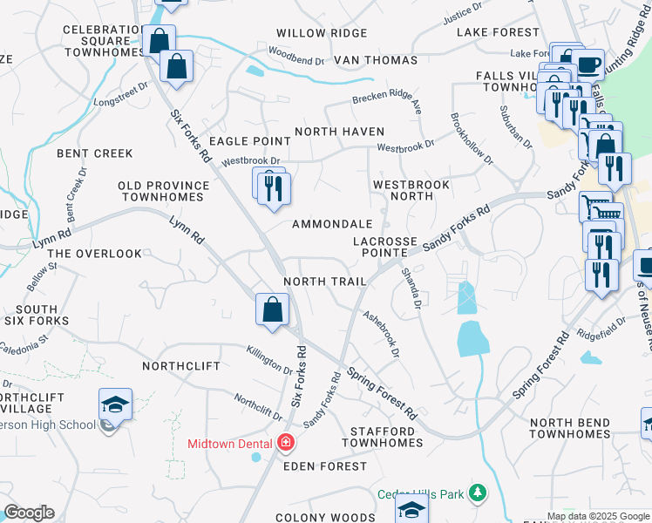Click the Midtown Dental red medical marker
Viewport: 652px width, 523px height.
coord(284,443)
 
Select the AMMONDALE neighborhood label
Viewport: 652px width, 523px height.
coord(338,224)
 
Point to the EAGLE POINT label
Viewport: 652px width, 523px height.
coord(250,141)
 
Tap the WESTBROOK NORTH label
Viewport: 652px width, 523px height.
coord(411,191)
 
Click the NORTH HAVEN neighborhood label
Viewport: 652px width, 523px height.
coord(339,132)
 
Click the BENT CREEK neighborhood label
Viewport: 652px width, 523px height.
coord(95,153)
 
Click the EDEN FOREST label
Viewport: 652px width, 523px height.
coord(325,466)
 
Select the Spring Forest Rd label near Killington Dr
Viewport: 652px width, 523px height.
coord(382,391)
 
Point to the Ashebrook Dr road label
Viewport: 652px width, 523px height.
coord(381,336)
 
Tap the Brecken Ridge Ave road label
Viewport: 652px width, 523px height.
coord(387,104)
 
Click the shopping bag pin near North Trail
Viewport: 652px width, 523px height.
coord(273,309)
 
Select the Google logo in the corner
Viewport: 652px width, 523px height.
coord(29,513)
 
